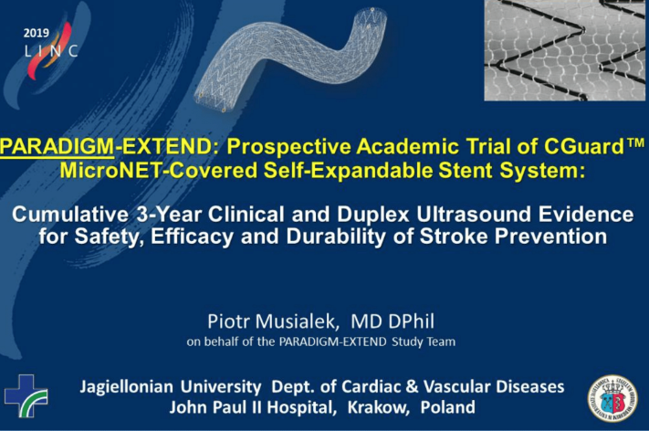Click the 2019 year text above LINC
(36, 33)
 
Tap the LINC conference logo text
(51, 51)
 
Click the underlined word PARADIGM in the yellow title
(58, 147)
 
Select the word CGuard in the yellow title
(584, 146)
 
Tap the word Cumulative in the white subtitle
(70, 215)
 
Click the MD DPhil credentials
(393, 321)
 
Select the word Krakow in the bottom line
(378, 408)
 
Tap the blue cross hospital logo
(26, 395)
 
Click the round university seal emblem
(612, 399)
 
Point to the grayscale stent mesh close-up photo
(564, 50)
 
